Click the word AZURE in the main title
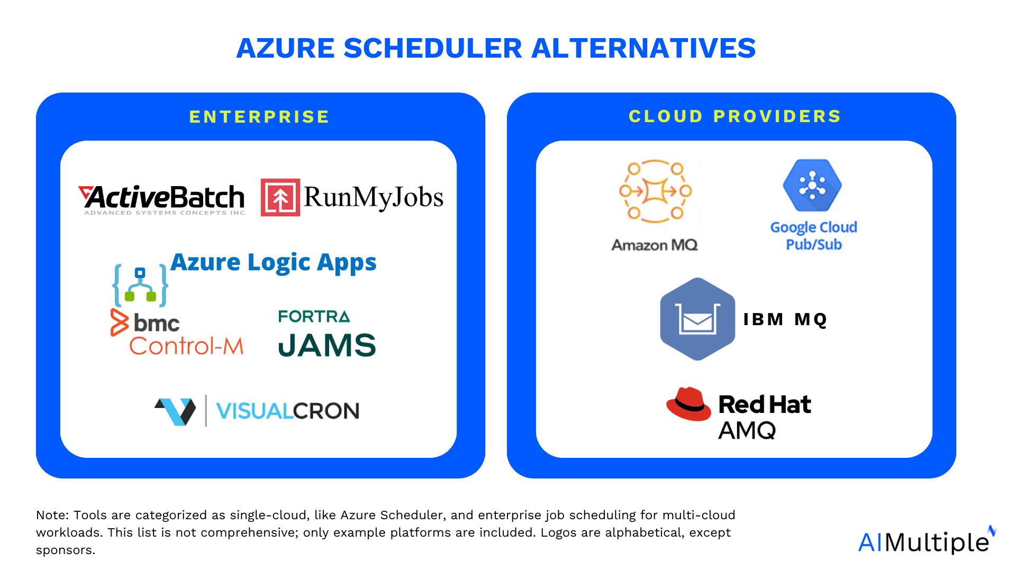pos(285,48)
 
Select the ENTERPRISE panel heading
pos(259,117)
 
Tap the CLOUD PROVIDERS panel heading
pos(735,116)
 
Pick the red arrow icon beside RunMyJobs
pos(280,198)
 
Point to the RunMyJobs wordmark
pos(374,198)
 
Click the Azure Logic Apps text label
pos(274,262)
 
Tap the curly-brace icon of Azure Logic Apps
pos(140,285)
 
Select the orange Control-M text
pos(186,346)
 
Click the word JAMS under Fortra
pos(327,345)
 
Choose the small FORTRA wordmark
pos(314,316)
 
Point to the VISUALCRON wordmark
pos(288,411)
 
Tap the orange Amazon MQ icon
pos(656,191)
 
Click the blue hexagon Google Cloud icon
pos(812,186)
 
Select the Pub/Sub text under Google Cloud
pos(814,245)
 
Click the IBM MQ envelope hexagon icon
pos(697,319)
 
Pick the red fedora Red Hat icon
pos(688,404)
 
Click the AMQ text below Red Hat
pos(747,430)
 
